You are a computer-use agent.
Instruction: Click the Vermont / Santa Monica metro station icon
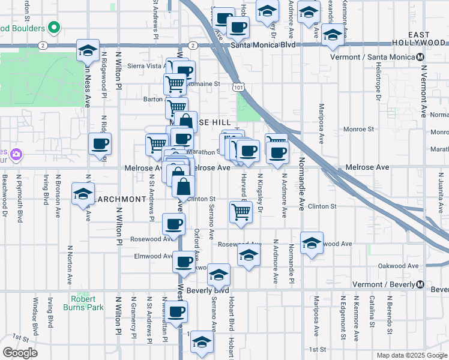click(420, 57)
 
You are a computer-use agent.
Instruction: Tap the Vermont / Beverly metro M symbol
click(420, 284)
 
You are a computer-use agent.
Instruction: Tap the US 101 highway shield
click(239, 88)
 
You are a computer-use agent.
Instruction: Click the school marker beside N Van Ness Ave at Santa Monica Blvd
click(88, 50)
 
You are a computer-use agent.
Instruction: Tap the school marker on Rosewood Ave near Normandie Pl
click(312, 243)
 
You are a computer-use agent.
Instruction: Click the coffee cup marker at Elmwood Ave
click(184, 262)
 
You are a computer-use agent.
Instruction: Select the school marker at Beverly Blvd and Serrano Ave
click(219, 275)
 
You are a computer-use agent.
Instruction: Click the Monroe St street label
click(358, 129)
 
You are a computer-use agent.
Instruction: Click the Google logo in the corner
click(20, 353)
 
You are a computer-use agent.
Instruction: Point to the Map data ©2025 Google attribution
click(411, 355)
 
